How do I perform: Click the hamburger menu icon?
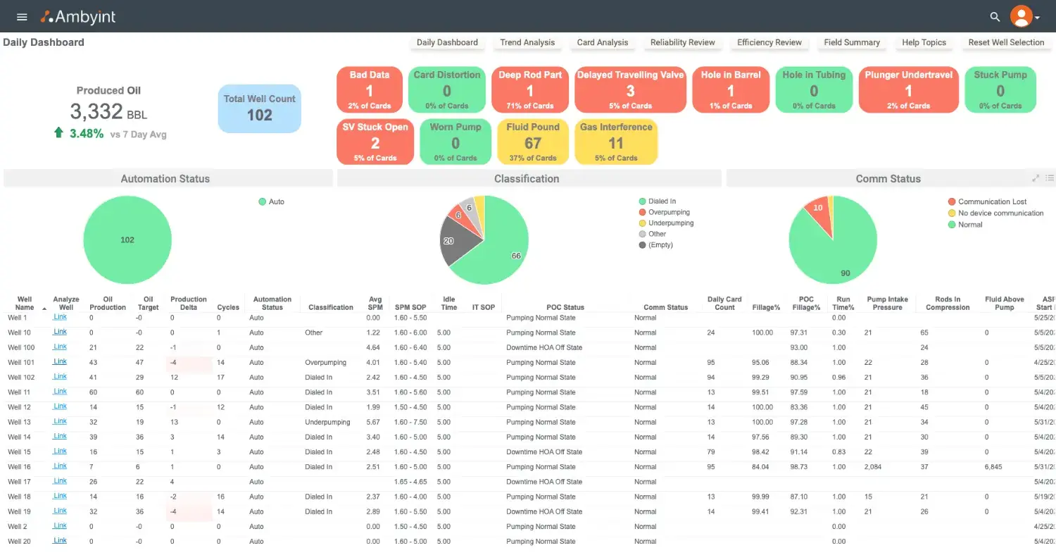pos(22,17)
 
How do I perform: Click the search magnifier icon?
pos(995,17)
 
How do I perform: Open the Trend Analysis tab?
pos(527,42)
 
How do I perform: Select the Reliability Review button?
pos(682,42)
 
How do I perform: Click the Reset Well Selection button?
pos(1006,42)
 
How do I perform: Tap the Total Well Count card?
pos(259,108)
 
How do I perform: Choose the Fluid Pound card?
pos(533,142)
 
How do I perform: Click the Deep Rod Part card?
pos(530,89)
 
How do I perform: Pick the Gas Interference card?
pos(616,142)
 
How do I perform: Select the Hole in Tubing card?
pos(814,89)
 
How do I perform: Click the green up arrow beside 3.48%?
pos(58,132)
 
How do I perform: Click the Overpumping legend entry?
pos(668,212)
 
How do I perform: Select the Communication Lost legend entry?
pos(991,201)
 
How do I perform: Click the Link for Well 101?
pos(61,361)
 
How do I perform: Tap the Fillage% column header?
pos(765,307)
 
